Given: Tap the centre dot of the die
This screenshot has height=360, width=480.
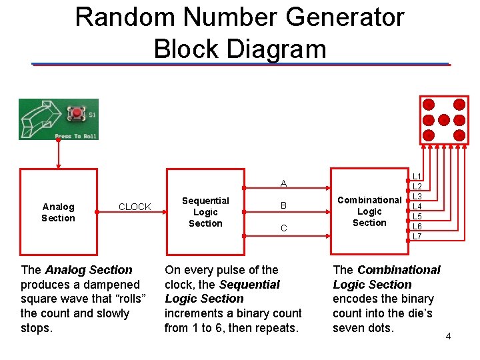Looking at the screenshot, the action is (444, 120).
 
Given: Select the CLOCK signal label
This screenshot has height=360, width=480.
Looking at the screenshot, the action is (135, 207).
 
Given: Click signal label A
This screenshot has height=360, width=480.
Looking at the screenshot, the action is (283, 183).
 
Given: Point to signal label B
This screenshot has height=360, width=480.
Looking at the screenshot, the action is (283, 205).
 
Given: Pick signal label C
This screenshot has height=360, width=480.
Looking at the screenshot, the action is (284, 228).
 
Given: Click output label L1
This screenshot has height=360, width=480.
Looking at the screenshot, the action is (417, 176).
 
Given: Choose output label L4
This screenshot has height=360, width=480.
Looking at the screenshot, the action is (417, 206).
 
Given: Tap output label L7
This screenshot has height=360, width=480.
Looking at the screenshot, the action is (417, 236).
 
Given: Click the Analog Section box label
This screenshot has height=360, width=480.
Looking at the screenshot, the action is (58, 213).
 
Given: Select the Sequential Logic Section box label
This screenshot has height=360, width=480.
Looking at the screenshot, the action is (205, 212).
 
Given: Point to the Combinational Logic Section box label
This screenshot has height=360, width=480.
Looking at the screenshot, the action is (369, 211).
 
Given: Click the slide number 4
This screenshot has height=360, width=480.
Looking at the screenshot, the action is (448, 337).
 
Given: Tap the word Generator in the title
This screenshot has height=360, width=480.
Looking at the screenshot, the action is (345, 17).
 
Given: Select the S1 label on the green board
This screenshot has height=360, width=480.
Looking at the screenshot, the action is (92, 115).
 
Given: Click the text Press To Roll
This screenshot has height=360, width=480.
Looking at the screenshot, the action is (75, 136).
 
